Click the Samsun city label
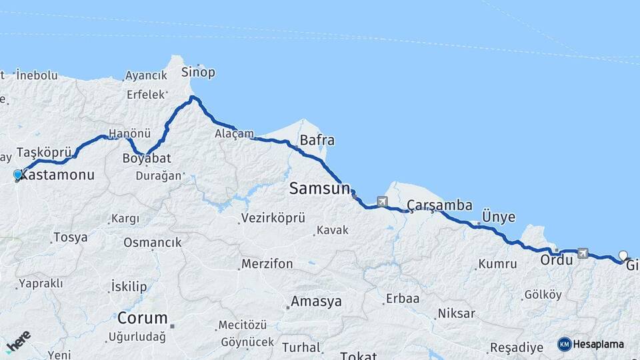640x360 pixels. pos(319,189)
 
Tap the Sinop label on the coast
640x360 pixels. pos(199,73)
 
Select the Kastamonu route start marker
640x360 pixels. pos(18,175)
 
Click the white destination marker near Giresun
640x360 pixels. pos(623,255)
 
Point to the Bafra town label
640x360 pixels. pos(317,141)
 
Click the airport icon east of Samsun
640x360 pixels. pos(382,201)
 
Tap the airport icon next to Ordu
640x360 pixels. pos(584,253)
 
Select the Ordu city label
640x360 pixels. pos(557,260)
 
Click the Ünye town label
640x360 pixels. pos(499,217)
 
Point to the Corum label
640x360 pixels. pos(142,317)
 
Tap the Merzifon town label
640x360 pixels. pos(267,264)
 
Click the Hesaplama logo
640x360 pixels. pos(591,344)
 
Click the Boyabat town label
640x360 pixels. pos(147,158)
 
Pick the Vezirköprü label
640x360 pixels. pos(273,218)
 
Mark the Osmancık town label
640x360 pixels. pos(153,243)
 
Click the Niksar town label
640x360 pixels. pos(456,313)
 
